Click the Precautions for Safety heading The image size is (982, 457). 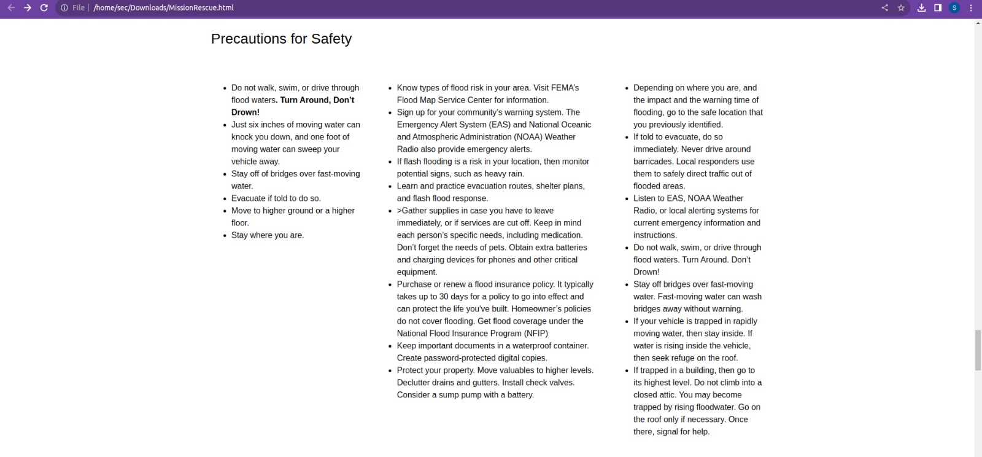coord(281,39)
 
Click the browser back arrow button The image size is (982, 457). coord(11,8)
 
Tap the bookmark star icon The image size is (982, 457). coord(901,8)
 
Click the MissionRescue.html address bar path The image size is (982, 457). coord(163,8)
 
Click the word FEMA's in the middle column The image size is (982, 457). coord(565,88)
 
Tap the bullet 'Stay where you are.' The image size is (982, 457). coord(268,235)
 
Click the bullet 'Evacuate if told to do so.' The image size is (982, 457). coord(276,198)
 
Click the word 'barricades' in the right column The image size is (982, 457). coord(654,162)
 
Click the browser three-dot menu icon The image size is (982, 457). coord(971,8)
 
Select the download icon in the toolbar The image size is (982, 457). coord(921,8)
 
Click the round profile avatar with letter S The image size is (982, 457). coord(954,8)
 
